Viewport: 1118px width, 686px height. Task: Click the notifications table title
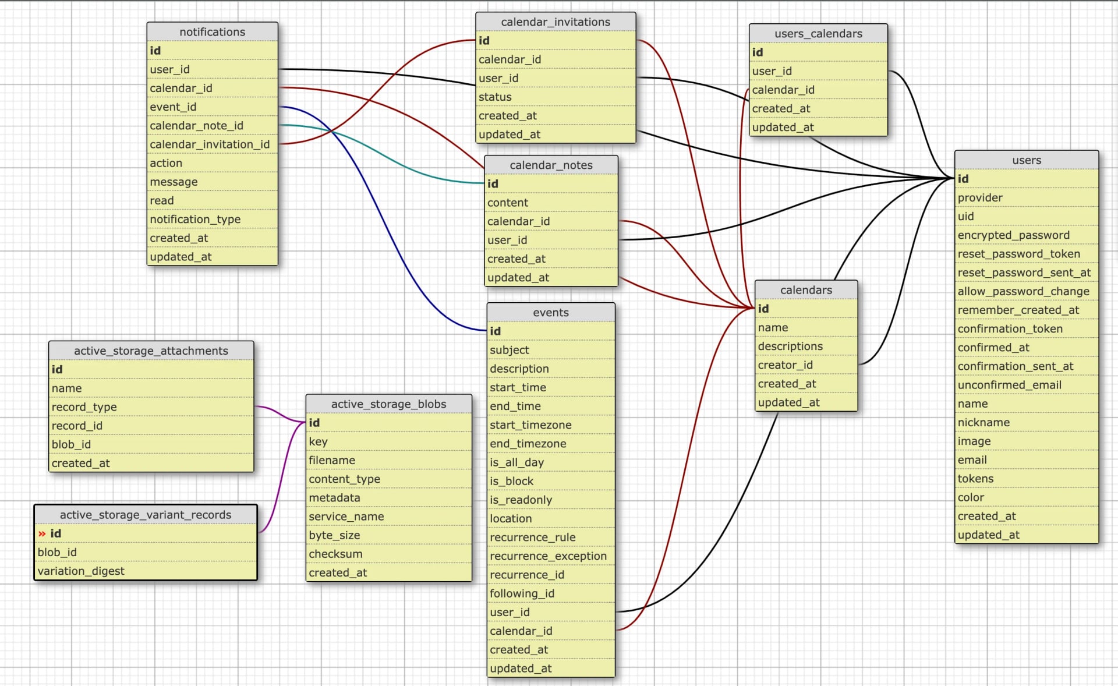pyautogui.click(x=212, y=32)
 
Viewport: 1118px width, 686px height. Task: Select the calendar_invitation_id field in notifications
pyautogui.click(x=210, y=144)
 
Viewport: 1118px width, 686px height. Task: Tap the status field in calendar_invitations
pyautogui.click(x=495, y=97)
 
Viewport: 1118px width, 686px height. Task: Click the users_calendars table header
pyautogui.click(x=818, y=34)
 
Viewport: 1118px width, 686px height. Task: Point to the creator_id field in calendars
pyautogui.click(x=785, y=365)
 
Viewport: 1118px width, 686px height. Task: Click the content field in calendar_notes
pyautogui.click(x=508, y=203)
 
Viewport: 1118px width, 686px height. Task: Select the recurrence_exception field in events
pyautogui.click(x=548, y=556)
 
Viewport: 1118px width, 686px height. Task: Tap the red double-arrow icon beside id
pyautogui.click(x=42, y=534)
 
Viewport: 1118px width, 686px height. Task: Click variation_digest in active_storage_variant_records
pyautogui.click(x=81, y=571)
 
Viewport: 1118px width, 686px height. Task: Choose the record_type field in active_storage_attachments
pyautogui.click(x=84, y=407)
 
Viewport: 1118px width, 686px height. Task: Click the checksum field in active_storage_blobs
pyautogui.click(x=335, y=554)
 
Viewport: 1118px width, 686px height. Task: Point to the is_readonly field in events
pyautogui.click(x=521, y=500)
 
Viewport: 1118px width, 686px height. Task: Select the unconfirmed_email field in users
pyautogui.click(x=1009, y=385)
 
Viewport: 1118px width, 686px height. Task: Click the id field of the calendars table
pyautogui.click(x=763, y=309)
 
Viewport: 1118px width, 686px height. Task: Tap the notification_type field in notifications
pyautogui.click(x=195, y=220)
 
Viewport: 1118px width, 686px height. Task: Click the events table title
pyautogui.click(x=550, y=313)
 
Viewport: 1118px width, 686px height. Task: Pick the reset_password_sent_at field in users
pyautogui.click(x=1024, y=273)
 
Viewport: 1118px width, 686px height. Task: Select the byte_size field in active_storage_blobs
pyautogui.click(x=334, y=535)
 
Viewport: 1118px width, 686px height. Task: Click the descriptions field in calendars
pyautogui.click(x=790, y=346)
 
